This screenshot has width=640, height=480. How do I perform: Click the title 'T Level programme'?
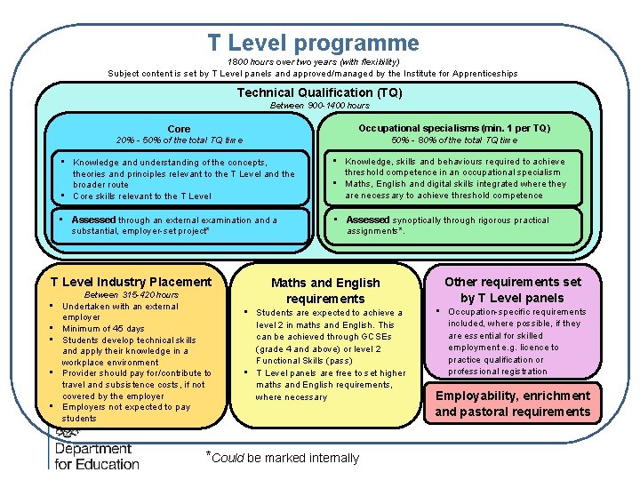313,43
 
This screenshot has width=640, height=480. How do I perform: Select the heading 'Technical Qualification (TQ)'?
319,92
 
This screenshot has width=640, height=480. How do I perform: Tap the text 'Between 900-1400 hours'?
319,106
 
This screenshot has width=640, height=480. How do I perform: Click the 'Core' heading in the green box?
179,129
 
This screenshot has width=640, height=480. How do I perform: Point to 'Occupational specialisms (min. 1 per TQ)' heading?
454,128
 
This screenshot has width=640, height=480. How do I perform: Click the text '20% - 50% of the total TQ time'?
180,140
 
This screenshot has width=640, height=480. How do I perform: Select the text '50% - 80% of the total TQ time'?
454,140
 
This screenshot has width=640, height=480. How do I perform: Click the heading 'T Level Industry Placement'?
131,282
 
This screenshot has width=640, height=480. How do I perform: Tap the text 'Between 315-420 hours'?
131,295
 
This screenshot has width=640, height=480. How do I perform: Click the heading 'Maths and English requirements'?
325,291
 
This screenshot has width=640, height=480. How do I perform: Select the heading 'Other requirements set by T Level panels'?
513,290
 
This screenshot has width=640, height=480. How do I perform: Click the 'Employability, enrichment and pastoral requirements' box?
513,403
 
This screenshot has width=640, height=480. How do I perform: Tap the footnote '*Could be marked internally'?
282,458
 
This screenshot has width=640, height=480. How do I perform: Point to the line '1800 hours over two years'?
312,62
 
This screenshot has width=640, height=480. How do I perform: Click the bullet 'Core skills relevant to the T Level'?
142,196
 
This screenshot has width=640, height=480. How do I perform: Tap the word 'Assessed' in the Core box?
93,220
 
